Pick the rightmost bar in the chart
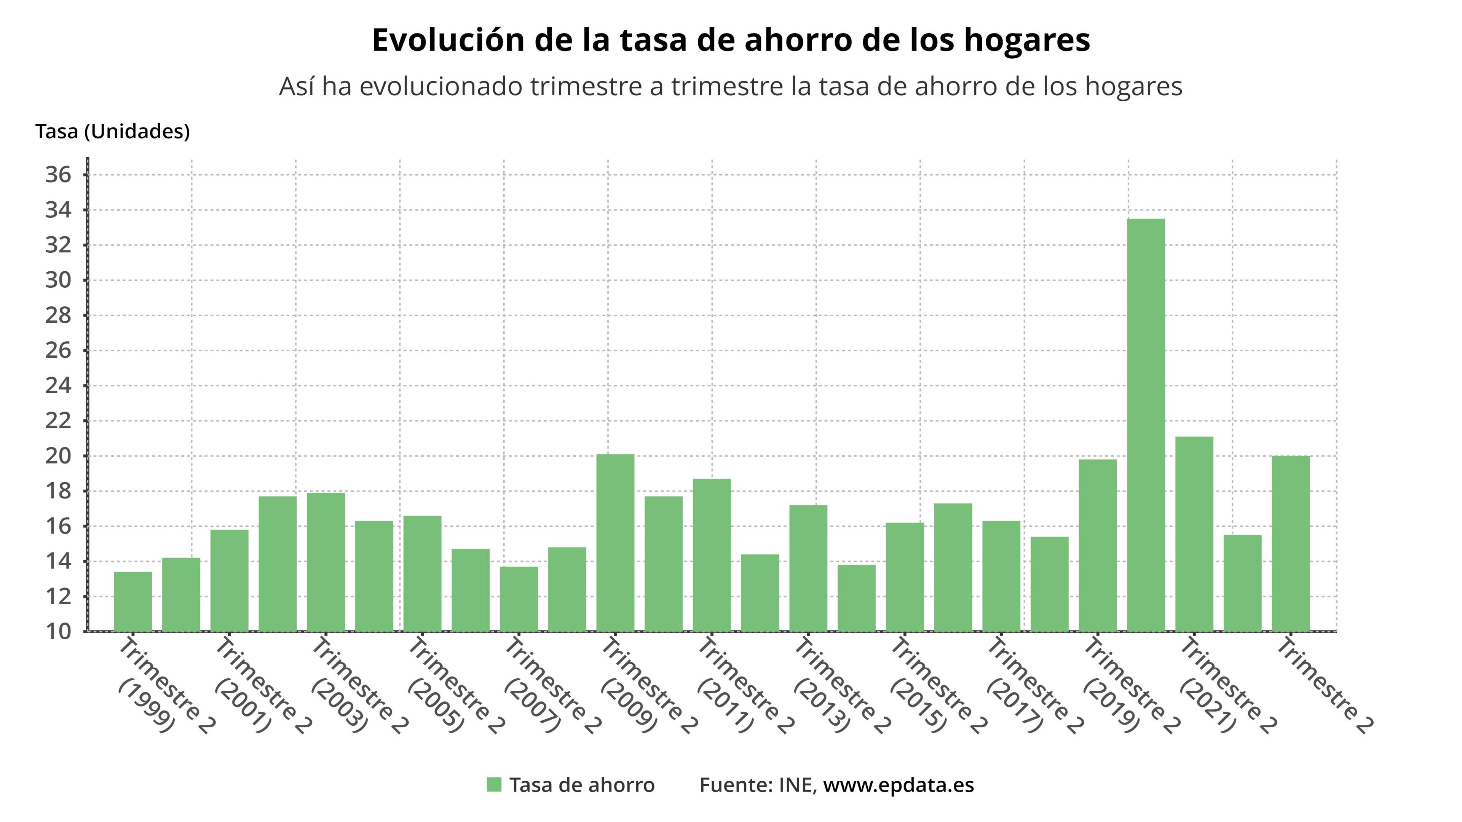click(x=1291, y=543)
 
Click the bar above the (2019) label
click(x=1098, y=545)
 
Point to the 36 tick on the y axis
click(x=59, y=175)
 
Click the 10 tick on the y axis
click(x=59, y=631)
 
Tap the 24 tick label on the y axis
click(x=59, y=386)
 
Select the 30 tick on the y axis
click(x=59, y=280)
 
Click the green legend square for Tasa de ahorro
click(x=494, y=785)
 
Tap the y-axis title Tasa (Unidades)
click(x=112, y=132)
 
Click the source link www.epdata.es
click(x=899, y=785)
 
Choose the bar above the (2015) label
click(x=905, y=577)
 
